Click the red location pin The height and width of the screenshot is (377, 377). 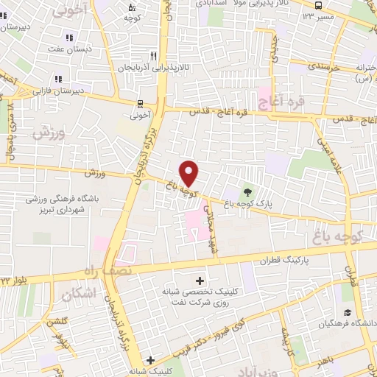tap(190, 174)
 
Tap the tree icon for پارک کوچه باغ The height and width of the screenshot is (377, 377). tap(247, 194)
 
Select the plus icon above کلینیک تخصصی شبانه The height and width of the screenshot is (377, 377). tap(200, 280)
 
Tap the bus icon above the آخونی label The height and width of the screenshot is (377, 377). tap(139, 104)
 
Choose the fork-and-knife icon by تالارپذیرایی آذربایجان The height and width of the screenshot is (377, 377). tap(153, 55)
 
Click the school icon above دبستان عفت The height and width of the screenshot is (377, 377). tap(69, 38)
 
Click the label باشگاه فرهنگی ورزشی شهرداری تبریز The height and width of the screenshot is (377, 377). tap(64, 205)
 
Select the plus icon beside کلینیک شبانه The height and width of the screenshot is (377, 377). tap(150, 361)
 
